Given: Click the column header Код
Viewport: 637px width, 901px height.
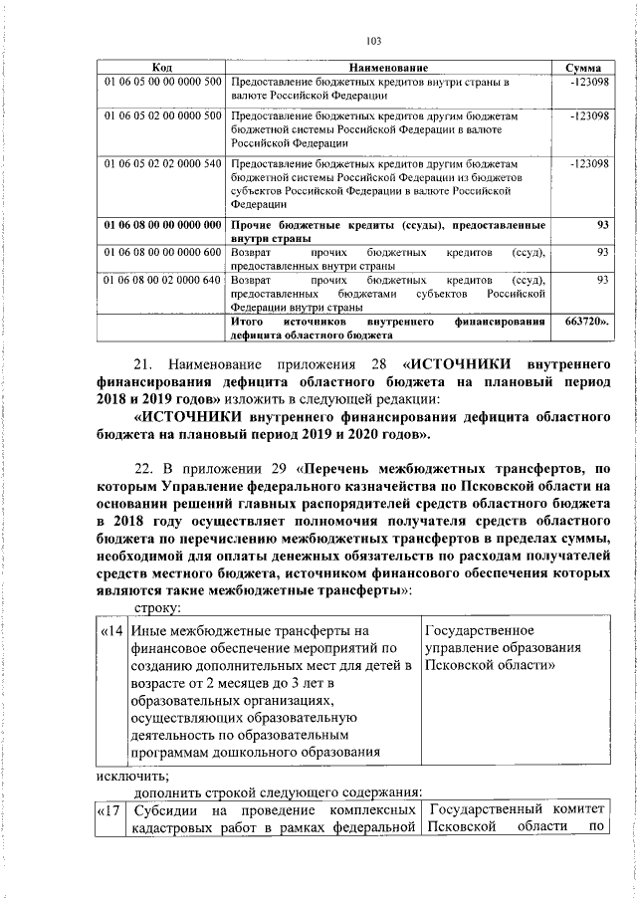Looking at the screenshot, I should point(162,67).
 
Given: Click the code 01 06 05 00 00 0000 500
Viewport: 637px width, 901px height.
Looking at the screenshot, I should point(162,81).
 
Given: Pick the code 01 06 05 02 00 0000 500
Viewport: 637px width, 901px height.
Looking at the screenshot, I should point(162,116).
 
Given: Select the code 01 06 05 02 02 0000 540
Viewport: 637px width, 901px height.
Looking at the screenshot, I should point(162,162).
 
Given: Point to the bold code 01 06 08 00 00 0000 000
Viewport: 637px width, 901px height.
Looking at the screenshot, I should point(162,224).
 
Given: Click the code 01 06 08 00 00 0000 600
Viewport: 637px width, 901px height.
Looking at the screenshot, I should point(162,253).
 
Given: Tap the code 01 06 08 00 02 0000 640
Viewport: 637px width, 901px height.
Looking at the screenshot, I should point(162,281).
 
